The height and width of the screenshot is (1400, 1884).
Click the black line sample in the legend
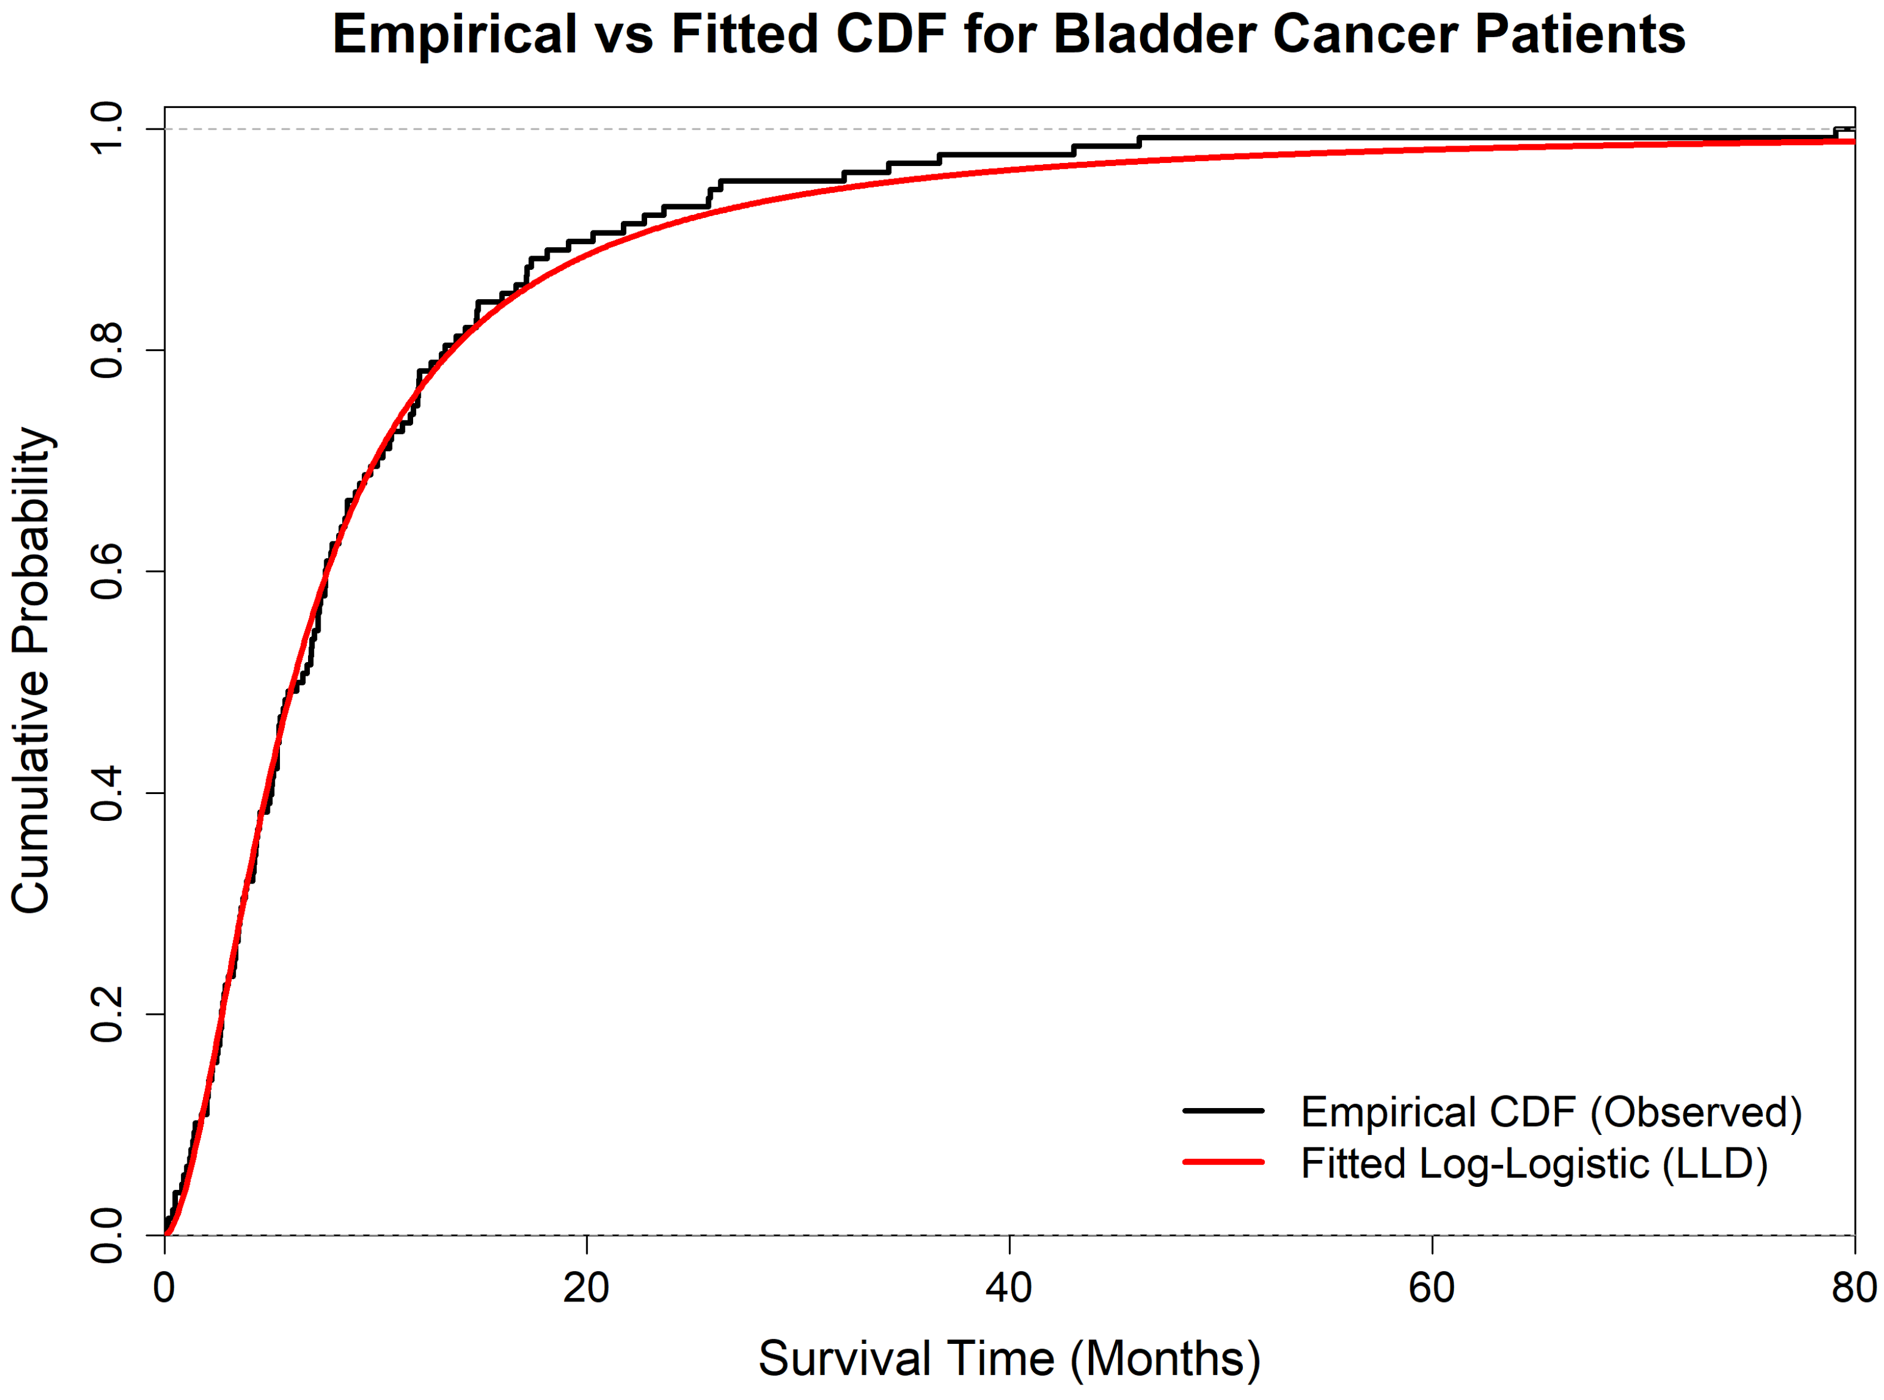pos(1223,1111)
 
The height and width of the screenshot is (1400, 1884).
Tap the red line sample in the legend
pos(1223,1162)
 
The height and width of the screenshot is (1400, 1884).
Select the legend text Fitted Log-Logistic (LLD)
pos(1534,1164)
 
